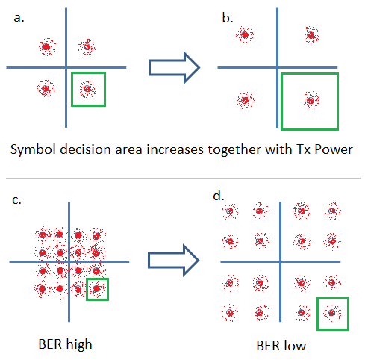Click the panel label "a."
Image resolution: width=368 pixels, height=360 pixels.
point(19,18)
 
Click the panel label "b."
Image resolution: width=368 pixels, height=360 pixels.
point(228,18)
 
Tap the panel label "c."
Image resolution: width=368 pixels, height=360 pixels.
point(16,200)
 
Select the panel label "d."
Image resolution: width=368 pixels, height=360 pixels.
point(219,196)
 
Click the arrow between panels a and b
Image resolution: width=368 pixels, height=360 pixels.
point(174,67)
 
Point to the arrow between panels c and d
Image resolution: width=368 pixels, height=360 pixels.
point(174,261)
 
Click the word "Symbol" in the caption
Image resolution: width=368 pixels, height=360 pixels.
point(33,150)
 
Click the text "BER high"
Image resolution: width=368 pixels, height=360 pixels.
point(65,345)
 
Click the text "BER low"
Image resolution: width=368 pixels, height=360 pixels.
point(281,346)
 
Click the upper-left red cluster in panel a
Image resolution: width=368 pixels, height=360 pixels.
point(47,47)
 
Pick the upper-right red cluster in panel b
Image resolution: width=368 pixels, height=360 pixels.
point(311,35)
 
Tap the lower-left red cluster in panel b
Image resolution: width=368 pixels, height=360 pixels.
point(246,100)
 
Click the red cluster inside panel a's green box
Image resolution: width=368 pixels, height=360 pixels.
point(88,89)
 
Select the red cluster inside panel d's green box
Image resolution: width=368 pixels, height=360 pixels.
point(332,313)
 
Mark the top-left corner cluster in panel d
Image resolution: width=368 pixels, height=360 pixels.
point(230,211)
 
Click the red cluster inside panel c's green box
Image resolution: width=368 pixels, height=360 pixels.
point(97,289)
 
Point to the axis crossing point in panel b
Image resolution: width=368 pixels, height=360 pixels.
point(277,67)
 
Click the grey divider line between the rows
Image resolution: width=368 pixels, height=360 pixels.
point(183,179)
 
